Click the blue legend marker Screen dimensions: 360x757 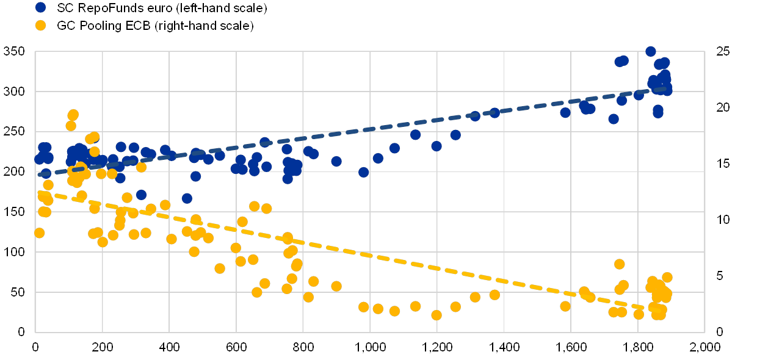(41, 8)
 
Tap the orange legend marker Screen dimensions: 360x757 (41, 26)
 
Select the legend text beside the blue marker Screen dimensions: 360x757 (162, 8)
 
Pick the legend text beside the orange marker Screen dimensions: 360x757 (155, 26)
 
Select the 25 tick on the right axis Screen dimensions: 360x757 (722, 51)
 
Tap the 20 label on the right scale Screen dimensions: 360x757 (722, 107)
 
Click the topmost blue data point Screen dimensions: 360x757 (651, 51)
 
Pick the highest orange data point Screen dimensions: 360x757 (73, 115)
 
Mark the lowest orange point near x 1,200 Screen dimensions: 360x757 (436, 315)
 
